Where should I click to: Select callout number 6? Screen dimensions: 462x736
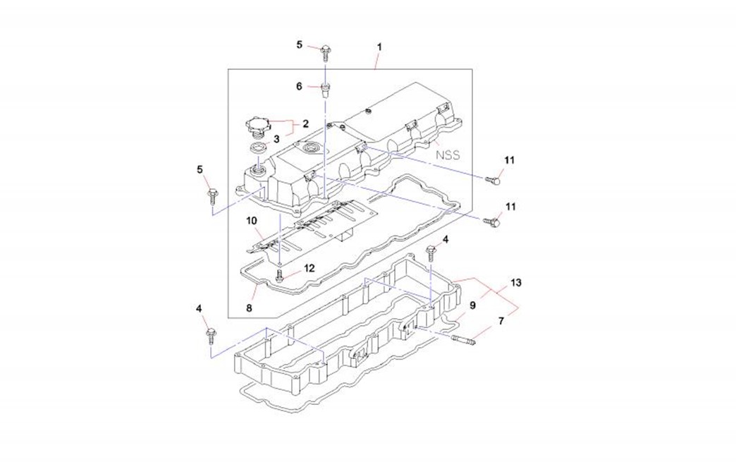(x=299, y=86)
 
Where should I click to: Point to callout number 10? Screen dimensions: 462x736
(x=252, y=221)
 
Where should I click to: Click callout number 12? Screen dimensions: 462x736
(x=309, y=268)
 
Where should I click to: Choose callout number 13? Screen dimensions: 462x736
(x=516, y=283)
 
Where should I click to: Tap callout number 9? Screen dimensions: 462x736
(x=473, y=305)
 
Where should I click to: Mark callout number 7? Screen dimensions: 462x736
(x=501, y=322)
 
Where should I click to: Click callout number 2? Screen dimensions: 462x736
(x=305, y=123)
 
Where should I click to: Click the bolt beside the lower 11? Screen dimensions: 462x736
(x=494, y=222)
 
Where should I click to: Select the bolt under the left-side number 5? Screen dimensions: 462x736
(x=211, y=193)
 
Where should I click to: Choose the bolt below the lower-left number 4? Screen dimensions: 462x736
(x=210, y=332)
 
